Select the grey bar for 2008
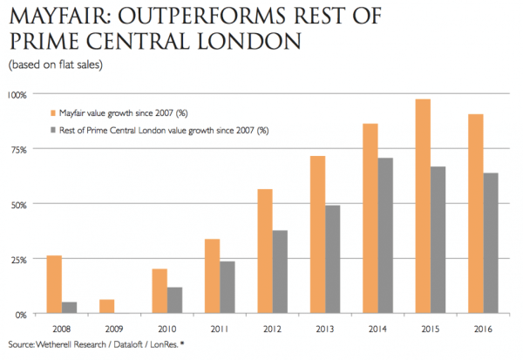pos(70,308)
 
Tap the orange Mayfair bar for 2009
pos(107,307)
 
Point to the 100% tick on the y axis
pos(17,94)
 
